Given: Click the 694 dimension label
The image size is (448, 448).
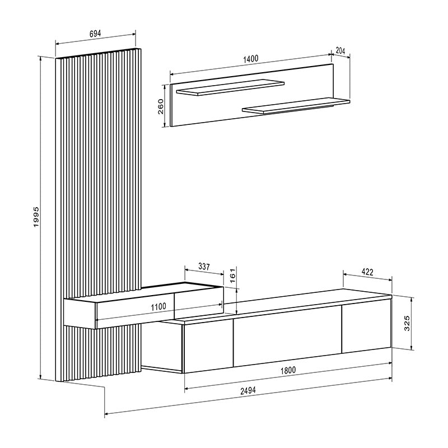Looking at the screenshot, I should [95, 34].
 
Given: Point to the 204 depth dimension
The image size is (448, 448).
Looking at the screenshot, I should [340, 50].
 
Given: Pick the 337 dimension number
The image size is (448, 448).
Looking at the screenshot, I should [204, 267].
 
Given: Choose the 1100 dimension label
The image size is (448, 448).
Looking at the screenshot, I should [159, 306].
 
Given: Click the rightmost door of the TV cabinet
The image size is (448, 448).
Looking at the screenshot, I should [366, 328].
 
